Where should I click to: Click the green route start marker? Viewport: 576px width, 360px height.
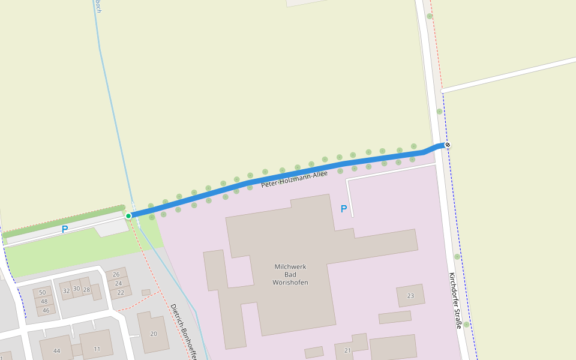coord(128,216)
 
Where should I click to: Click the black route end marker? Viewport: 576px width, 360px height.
coord(447,145)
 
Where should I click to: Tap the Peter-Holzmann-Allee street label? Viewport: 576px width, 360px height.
coord(294,179)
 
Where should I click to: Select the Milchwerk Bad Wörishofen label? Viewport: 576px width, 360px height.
coord(290,274)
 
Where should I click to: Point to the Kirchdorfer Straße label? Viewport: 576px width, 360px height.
coord(455,301)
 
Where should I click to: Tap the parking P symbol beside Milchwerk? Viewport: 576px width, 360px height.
coord(344,209)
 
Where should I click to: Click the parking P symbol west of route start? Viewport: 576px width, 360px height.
coord(65,229)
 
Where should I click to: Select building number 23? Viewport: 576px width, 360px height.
coord(410,295)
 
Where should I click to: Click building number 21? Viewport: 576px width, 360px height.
coord(347,350)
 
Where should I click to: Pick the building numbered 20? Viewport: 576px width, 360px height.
coord(154,334)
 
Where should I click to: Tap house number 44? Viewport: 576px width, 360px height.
coord(56,350)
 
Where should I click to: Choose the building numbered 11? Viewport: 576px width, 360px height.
coord(97,349)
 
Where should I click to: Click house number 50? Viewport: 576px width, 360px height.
coord(42,292)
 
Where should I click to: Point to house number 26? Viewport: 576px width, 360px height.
coord(116,274)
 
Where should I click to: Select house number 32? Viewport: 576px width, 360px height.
coord(66,290)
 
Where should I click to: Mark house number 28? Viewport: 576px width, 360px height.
coord(86,289)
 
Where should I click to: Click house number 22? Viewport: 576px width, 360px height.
coord(121,292)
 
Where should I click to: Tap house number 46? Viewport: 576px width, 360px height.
coord(46,310)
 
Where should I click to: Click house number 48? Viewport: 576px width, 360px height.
coord(44,301)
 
